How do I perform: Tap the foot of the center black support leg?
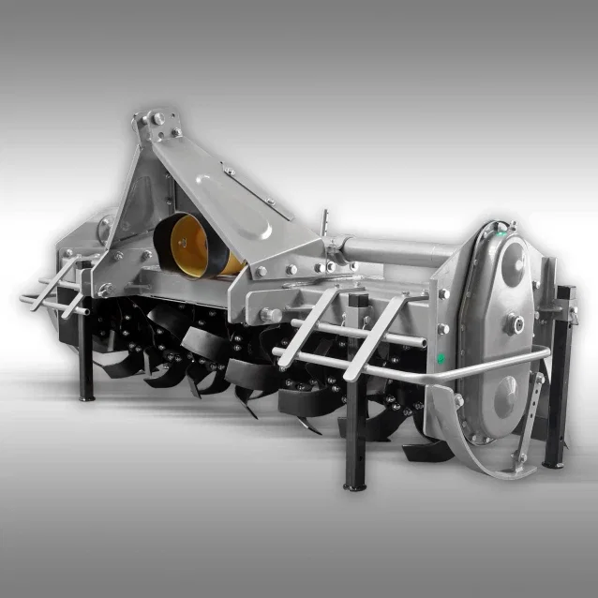click(355, 485)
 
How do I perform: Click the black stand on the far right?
click(560, 375)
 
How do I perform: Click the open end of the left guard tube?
click(23, 300)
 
